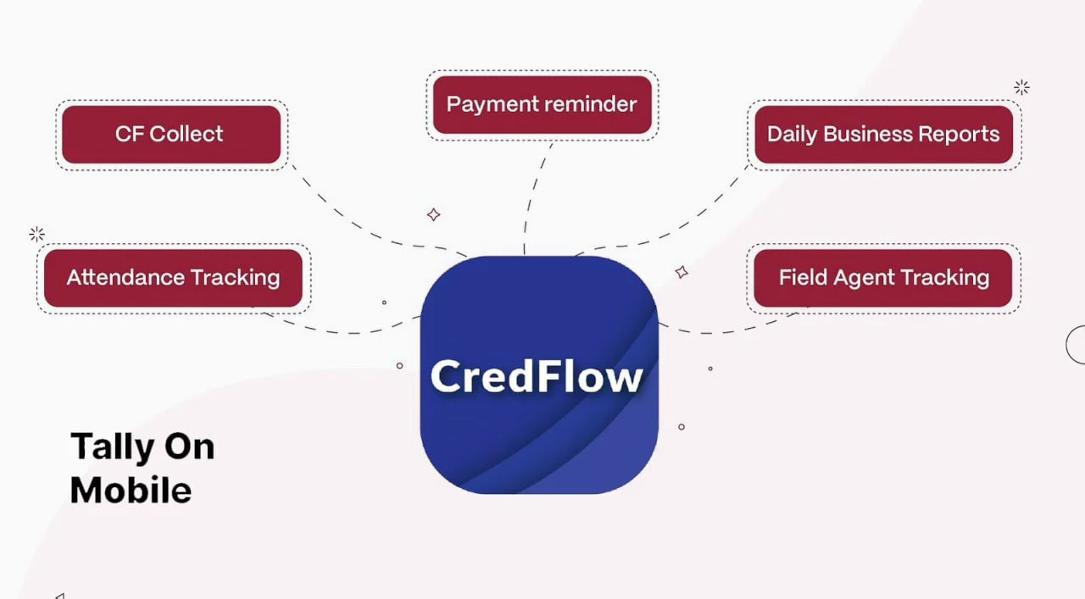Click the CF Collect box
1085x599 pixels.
pyautogui.click(x=170, y=134)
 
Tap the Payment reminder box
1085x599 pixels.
pyautogui.click(x=542, y=104)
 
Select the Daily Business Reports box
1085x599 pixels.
pyautogui.click(x=883, y=134)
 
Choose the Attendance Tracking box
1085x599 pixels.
pyautogui.click(x=173, y=278)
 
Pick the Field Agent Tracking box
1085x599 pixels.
pyautogui.click(x=883, y=278)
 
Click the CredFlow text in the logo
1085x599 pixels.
pyautogui.click(x=537, y=375)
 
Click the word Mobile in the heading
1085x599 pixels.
pyautogui.click(x=131, y=491)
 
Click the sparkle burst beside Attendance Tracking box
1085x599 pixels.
pyautogui.click(x=36, y=234)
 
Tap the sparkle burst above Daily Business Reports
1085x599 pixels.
pyautogui.click(x=1021, y=87)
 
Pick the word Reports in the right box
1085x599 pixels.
pyautogui.click(x=960, y=134)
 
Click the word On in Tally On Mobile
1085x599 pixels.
pyautogui.click(x=191, y=446)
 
